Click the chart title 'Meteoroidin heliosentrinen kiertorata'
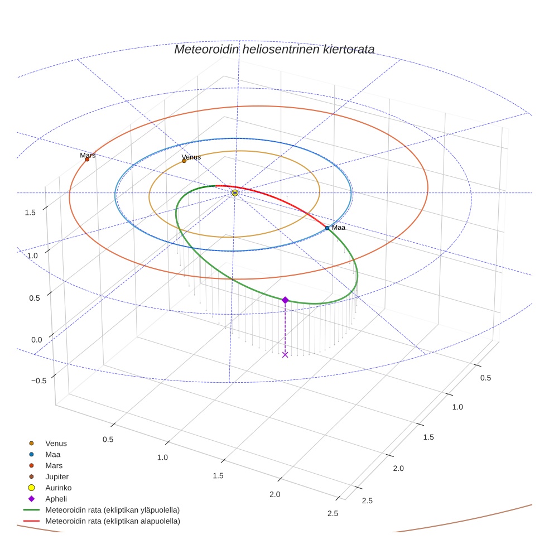[274, 49]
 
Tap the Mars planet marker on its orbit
[87, 160]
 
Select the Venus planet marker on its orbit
[184, 161]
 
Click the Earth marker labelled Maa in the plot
[327, 228]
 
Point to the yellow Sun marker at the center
[235, 192]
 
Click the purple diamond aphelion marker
[285, 300]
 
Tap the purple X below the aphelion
[285, 354]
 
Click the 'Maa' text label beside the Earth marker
[338, 228]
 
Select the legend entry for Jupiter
[57, 476]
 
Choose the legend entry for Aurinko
[58, 488]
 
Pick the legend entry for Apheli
[56, 499]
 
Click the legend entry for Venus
[56, 444]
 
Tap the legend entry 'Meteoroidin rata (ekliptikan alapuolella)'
[112, 521]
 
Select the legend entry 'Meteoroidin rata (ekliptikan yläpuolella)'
[112, 510]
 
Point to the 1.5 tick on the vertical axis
[30, 212]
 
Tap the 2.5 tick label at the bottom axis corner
[333, 513]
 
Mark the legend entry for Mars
[54, 465]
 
